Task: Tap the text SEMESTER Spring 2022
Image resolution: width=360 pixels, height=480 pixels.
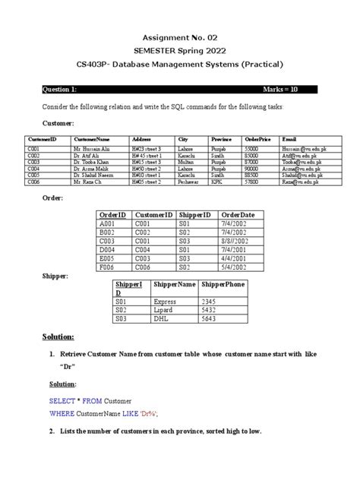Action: [x=180, y=49]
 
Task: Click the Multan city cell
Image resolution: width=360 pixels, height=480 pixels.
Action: [x=186, y=162]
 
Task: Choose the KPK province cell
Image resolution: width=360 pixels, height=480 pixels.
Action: [x=216, y=183]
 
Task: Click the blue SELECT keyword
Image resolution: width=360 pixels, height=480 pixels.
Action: [x=58, y=400]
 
